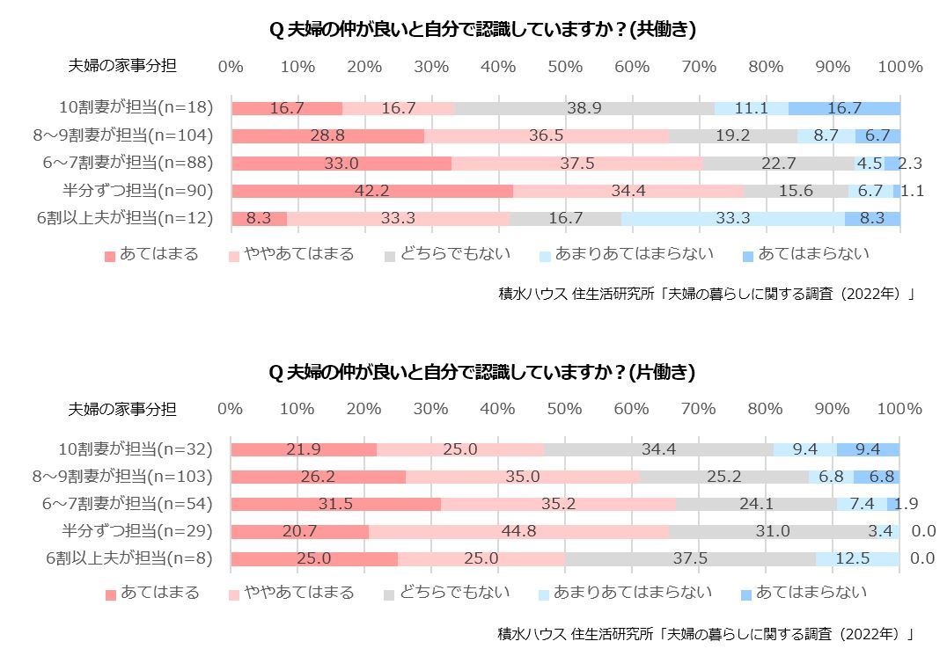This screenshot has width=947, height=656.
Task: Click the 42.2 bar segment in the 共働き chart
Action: point(372,191)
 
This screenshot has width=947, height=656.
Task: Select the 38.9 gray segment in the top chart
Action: point(584,108)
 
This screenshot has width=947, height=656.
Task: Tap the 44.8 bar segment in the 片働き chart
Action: point(518,531)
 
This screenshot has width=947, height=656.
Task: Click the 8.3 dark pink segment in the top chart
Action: point(259,219)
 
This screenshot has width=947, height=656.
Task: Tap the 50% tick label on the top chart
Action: point(565,67)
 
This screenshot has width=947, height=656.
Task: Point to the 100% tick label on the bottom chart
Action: point(899,409)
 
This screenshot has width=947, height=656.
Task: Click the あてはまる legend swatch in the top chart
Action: point(110,256)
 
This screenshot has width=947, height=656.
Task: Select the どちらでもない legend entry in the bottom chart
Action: point(446,593)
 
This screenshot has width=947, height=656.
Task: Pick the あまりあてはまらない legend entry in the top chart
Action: point(624,255)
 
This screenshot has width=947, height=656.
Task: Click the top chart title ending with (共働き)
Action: point(482,30)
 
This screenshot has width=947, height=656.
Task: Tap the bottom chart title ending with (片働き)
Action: point(481,373)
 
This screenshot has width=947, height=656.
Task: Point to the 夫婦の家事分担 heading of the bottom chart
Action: point(122,409)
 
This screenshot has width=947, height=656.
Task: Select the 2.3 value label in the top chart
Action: point(910,164)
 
